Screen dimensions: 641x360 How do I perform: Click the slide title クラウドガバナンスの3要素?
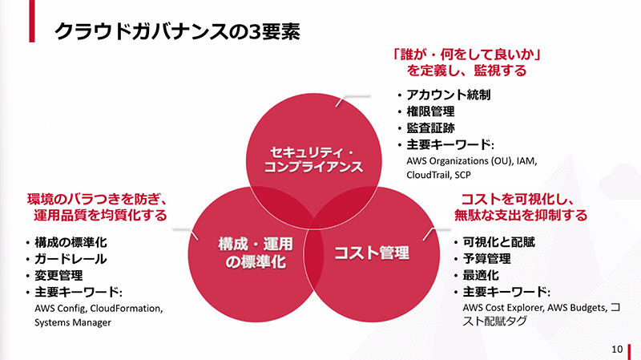pos(177,30)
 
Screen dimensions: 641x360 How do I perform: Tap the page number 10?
pos(616,349)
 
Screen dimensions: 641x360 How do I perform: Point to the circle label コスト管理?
pos(372,254)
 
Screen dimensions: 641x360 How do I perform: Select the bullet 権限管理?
pos(431,111)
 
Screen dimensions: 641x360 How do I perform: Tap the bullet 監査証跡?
pos(431,128)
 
